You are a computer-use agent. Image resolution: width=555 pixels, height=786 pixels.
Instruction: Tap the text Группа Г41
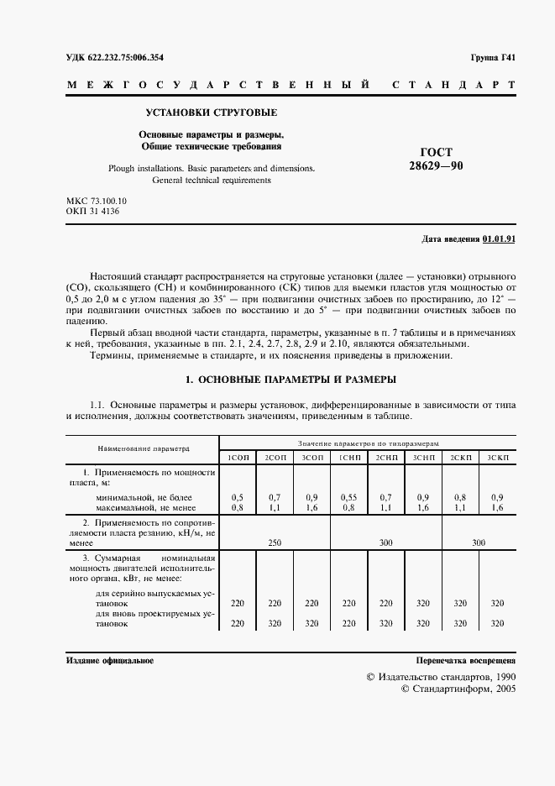click(493, 57)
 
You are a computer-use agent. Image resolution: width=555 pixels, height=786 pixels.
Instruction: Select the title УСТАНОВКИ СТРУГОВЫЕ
click(212, 113)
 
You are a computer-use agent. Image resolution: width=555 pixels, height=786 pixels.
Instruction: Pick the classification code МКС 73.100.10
click(97, 201)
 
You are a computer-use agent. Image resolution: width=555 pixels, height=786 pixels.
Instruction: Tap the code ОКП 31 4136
click(92, 212)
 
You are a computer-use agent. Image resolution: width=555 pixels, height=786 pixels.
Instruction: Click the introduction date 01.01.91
click(499, 239)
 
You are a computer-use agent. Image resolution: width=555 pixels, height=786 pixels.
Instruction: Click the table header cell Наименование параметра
click(143, 449)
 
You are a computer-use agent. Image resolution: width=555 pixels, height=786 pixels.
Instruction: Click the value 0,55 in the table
click(348, 497)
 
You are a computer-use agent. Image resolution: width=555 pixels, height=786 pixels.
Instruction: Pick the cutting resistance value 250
click(274, 543)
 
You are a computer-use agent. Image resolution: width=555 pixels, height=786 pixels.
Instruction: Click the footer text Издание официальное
click(109, 662)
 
